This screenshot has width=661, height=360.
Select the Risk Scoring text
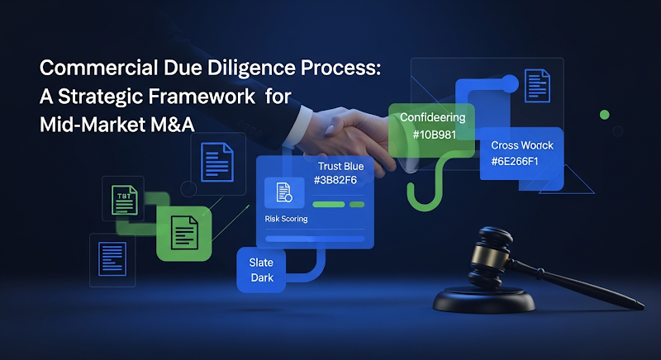click(x=286, y=219)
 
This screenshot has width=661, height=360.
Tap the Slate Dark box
click(x=261, y=270)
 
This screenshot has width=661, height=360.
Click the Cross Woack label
click(x=521, y=145)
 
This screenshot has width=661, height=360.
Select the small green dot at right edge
click(x=604, y=115)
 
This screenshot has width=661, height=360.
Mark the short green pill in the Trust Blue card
click(x=357, y=204)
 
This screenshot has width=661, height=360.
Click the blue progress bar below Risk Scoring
click(x=314, y=239)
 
